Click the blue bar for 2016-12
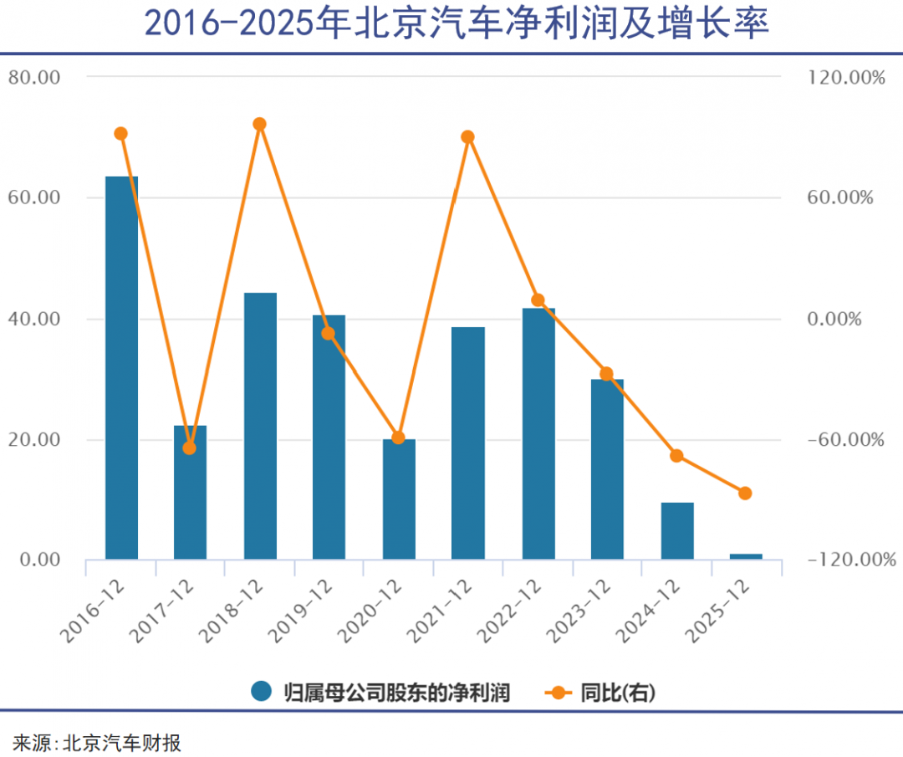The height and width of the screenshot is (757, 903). tap(121, 368)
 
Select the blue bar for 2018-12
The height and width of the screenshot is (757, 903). tap(260, 426)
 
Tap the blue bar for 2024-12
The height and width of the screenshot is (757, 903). tap(677, 530)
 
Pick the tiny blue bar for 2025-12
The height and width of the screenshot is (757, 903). tap(746, 556)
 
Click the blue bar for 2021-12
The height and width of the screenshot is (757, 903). tap(468, 442)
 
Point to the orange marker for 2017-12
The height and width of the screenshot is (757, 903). tap(190, 448)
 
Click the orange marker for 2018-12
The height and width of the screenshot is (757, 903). tap(259, 125)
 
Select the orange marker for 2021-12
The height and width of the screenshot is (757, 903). tap(468, 137)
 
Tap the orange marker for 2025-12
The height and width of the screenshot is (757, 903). tap(746, 493)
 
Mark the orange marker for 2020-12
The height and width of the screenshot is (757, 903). tap(399, 437)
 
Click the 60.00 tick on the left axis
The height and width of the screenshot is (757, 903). tap(34, 198)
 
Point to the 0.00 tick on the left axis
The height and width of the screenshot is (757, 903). tap(39, 560)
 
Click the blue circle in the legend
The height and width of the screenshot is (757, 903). tap(263, 692)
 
